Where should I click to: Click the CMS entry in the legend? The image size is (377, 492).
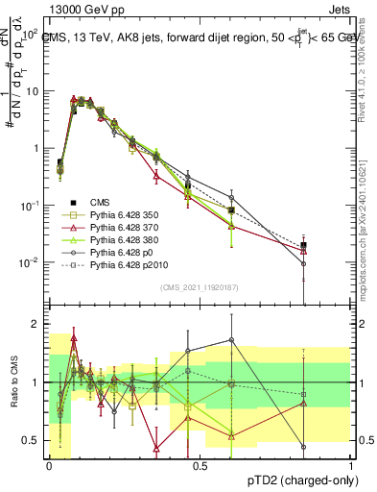(100, 203)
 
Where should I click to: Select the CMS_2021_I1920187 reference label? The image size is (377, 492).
(199, 287)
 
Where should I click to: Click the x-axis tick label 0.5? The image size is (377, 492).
(200, 465)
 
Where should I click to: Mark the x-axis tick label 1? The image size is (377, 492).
(350, 465)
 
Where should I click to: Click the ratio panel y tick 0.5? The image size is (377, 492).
(32, 440)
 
